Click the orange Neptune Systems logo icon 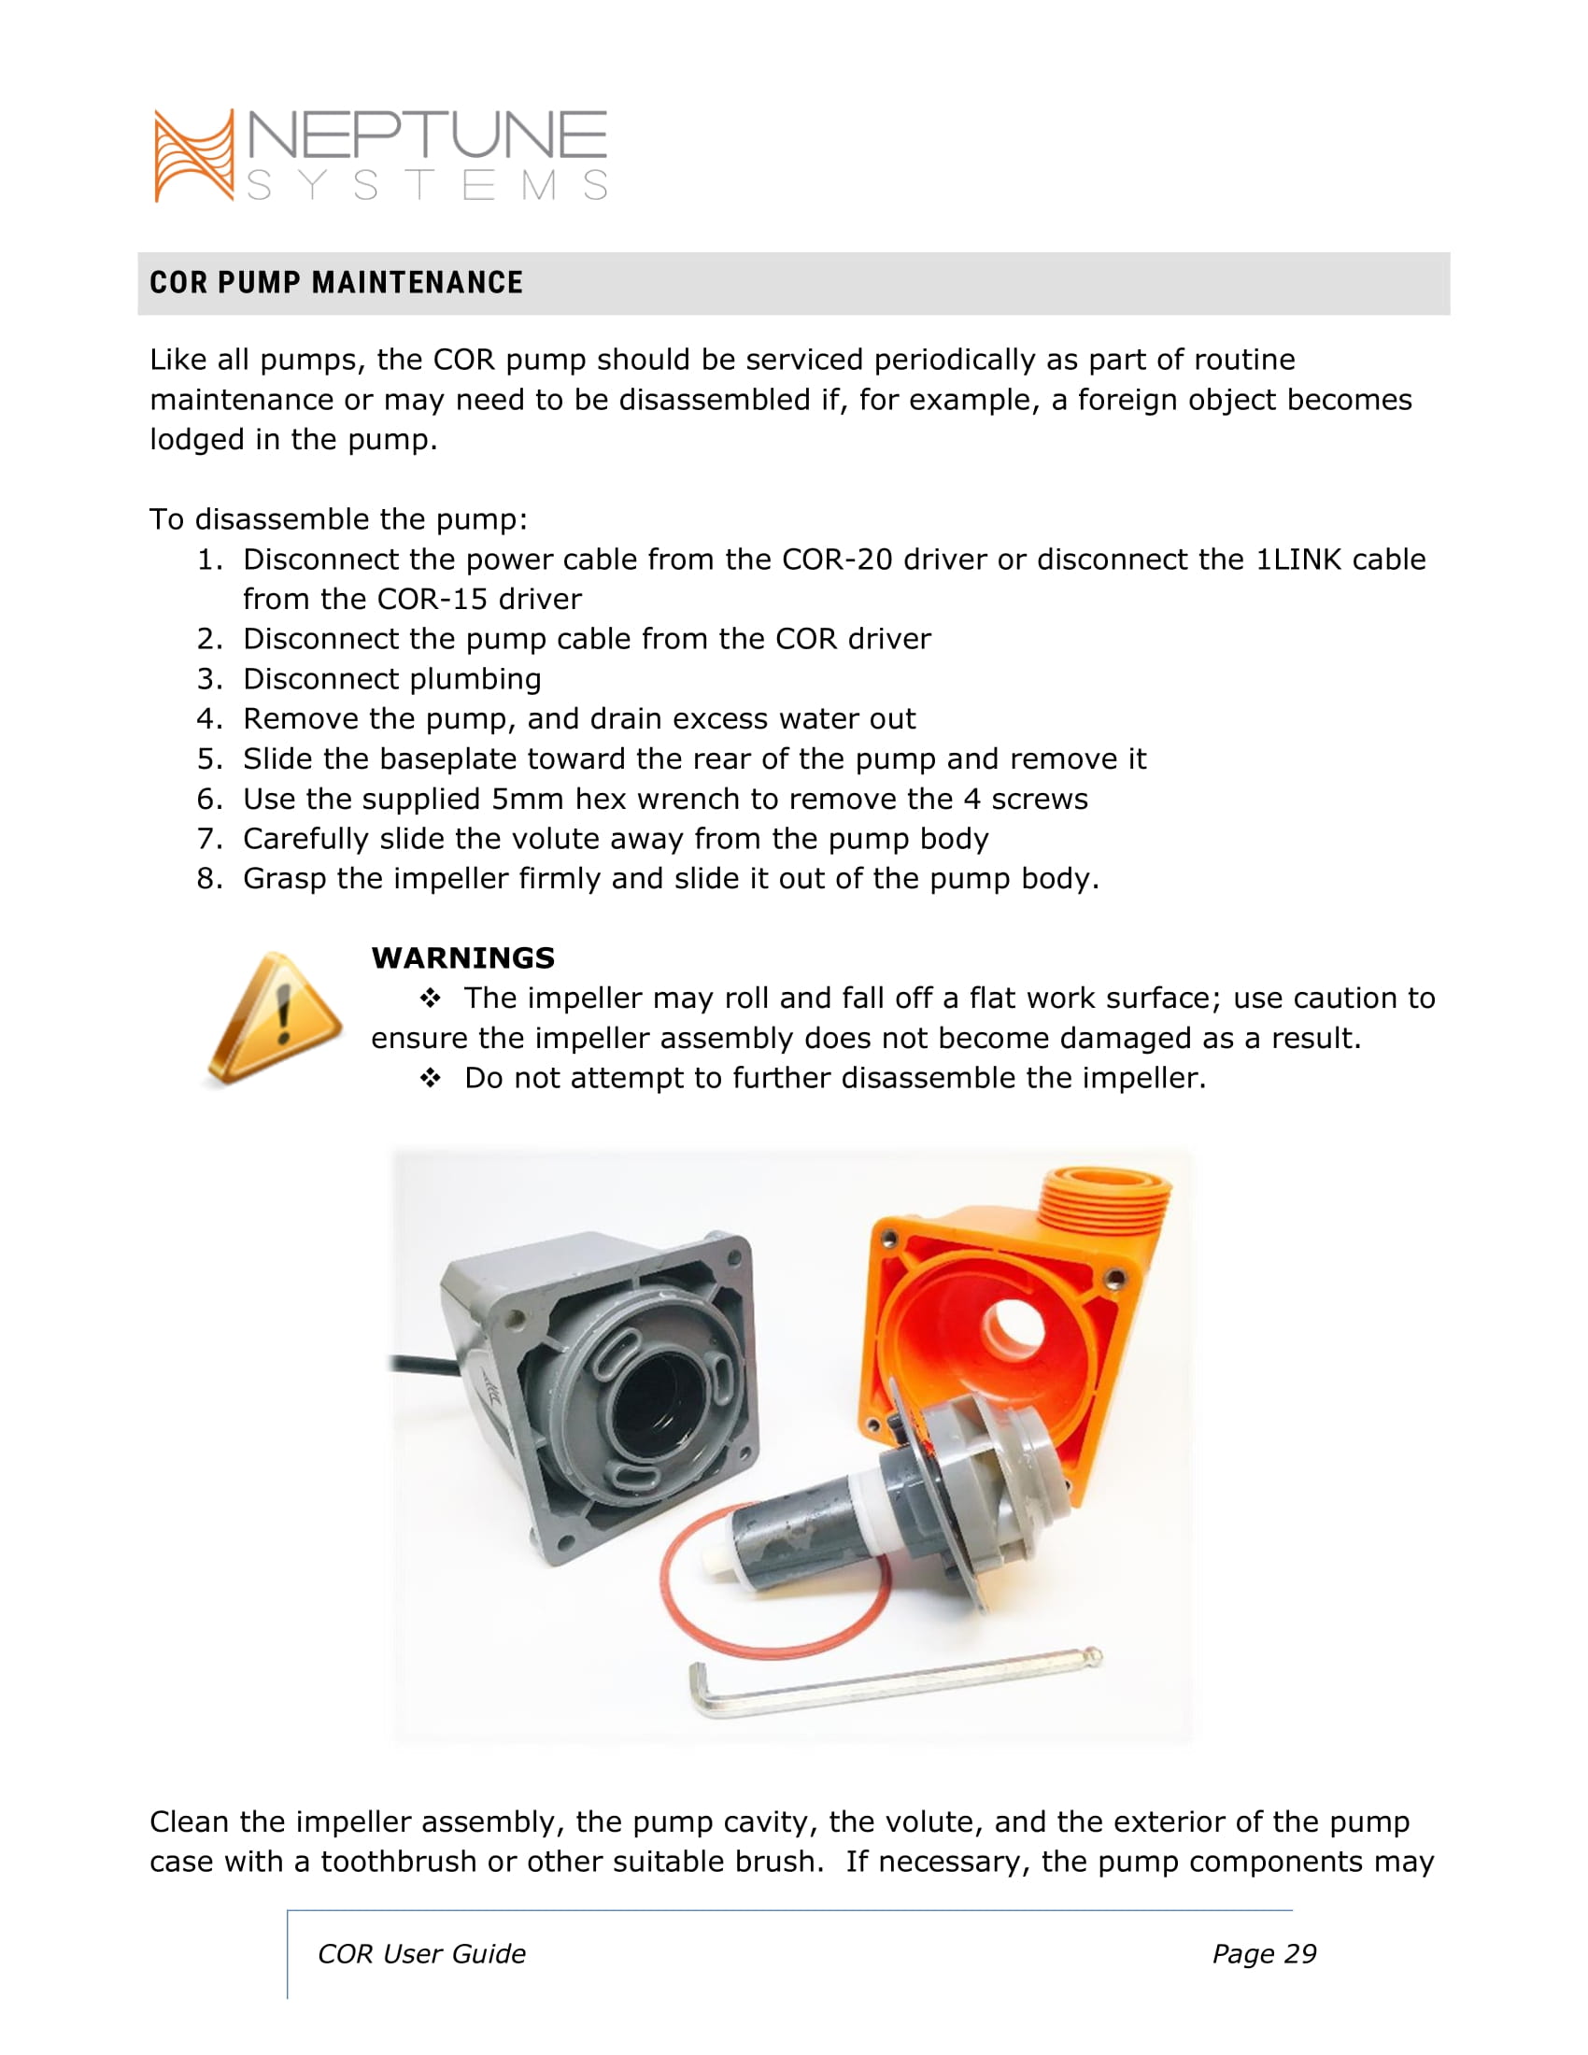pyautogui.click(x=193, y=155)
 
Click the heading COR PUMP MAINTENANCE pyautogui.click(x=336, y=282)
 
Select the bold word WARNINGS pyautogui.click(x=462, y=957)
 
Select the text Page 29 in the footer pyautogui.click(x=1264, y=1954)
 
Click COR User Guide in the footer pyautogui.click(x=421, y=1954)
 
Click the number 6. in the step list pyautogui.click(x=210, y=799)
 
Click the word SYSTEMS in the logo pyautogui.click(x=428, y=185)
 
